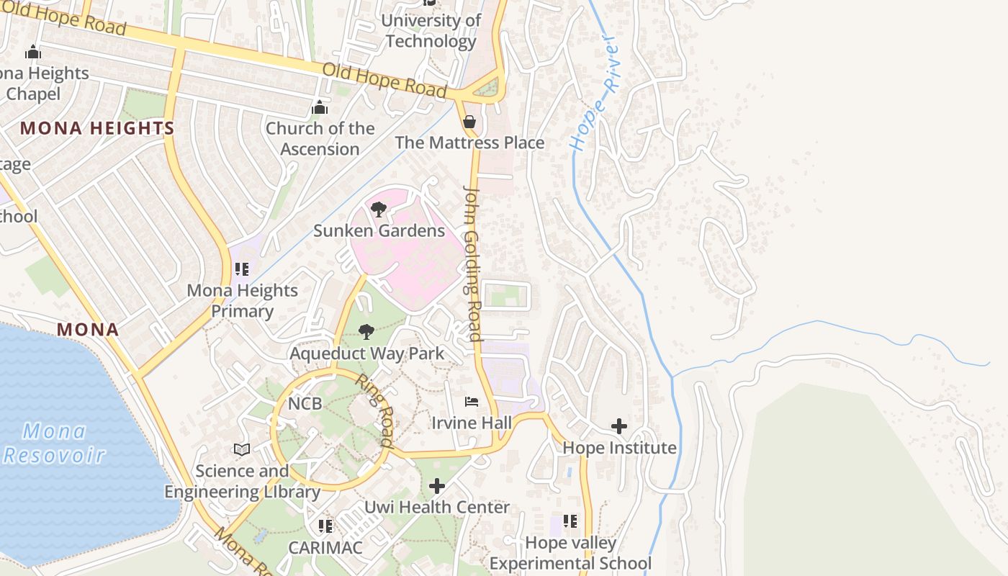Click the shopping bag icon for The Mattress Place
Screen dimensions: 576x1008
pos(469,122)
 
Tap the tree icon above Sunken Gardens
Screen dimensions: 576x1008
pos(378,210)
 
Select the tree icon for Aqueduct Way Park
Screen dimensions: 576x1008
pos(366,332)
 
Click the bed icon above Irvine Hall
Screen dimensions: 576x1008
pos(472,401)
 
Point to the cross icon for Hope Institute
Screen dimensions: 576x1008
pos(618,427)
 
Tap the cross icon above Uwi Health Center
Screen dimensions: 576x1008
pos(436,486)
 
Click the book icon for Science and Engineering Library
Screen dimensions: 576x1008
pos(242,450)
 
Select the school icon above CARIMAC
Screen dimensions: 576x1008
pos(325,526)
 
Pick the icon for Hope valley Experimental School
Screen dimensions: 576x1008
pos(570,521)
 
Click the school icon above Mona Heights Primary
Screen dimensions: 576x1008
pos(242,269)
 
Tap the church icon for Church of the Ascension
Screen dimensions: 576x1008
pos(320,108)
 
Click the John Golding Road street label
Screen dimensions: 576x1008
pos(472,264)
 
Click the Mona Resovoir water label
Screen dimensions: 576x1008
pos(54,444)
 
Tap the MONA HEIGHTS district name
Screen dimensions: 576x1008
pos(97,129)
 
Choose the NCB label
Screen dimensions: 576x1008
pos(305,404)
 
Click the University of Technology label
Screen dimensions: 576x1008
pos(431,31)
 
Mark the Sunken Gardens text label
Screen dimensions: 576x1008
pos(379,231)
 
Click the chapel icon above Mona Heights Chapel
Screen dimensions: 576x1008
pos(32,52)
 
